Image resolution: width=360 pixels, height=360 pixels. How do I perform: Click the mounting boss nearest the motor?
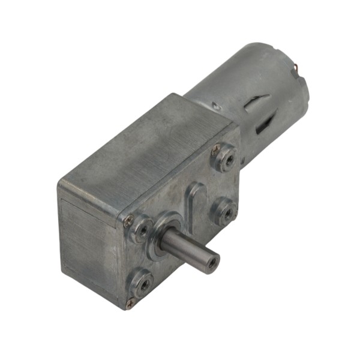coord(225,157)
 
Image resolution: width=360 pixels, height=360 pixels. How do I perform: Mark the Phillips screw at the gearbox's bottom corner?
coord(130,304)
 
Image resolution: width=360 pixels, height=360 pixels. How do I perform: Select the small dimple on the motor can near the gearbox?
coord(215,107)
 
